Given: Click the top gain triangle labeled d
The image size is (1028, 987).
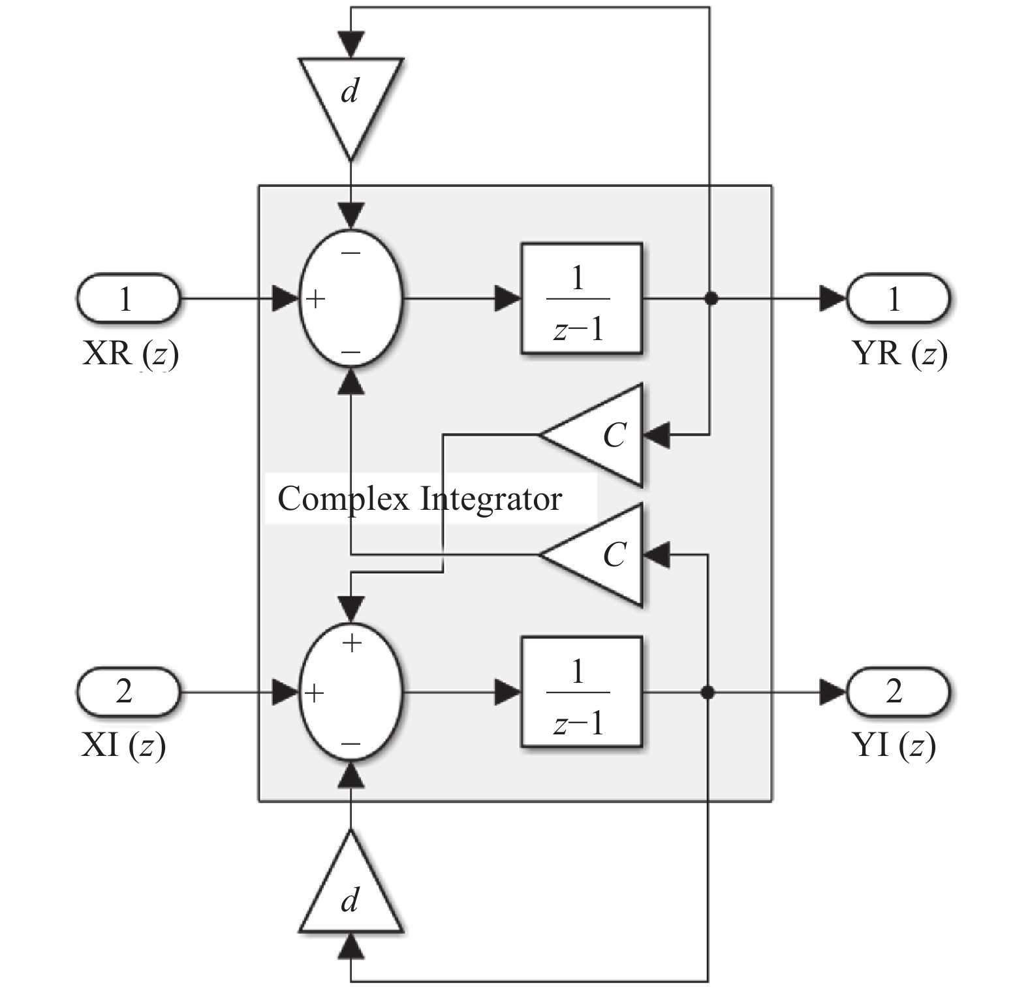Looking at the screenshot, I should pos(350,98).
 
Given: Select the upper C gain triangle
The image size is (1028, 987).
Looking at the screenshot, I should pos(600,435).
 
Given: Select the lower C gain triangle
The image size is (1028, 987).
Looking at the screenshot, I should pos(600,555).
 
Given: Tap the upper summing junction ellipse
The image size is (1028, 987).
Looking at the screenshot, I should pos(351,300).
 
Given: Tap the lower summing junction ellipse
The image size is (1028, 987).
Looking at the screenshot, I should pos(351,693).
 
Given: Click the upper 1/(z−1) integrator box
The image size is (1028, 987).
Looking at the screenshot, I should pos(581,299).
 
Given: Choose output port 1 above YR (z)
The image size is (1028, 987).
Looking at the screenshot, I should pos(897,299).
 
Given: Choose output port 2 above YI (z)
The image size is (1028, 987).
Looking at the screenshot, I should pos(897,691).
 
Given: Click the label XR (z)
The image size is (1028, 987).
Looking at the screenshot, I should pos(131,354).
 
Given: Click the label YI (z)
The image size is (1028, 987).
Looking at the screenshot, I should pos(894,745).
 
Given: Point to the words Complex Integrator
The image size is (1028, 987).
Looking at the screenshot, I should pos(420,499).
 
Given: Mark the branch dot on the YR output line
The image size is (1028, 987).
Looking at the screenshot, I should pos(711,299).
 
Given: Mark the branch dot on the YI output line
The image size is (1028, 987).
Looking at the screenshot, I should pos(707,692).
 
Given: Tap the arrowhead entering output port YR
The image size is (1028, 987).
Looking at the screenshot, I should pos(833,299).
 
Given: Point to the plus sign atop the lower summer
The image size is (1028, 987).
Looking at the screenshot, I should pos(352,644).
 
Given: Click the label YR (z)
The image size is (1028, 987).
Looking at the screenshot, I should pos(899,354).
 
